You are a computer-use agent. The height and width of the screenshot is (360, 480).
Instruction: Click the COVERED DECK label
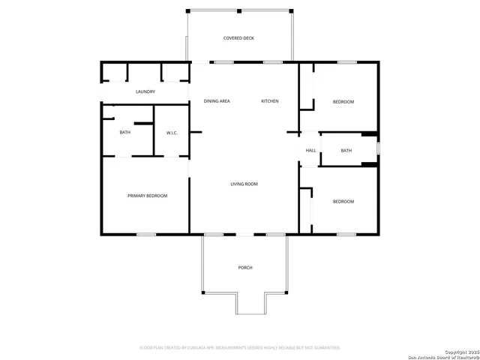click(x=238, y=37)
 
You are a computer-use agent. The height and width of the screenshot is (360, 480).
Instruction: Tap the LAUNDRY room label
click(x=145, y=92)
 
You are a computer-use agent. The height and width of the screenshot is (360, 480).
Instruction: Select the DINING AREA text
click(x=216, y=101)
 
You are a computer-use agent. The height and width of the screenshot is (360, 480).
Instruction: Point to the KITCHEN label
click(x=270, y=101)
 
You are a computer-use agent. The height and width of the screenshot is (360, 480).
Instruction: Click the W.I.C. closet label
click(x=172, y=133)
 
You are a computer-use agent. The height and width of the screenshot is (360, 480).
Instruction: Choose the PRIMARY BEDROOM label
click(x=147, y=196)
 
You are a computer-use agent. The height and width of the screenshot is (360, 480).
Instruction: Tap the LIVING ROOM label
click(x=244, y=184)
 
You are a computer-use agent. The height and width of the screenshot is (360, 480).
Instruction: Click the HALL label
click(x=310, y=151)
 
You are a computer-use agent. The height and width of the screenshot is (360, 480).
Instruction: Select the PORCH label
click(x=244, y=268)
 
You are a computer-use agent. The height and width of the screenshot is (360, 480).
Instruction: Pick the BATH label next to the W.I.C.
click(x=124, y=133)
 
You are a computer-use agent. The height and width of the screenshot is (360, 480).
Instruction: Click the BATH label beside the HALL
click(x=346, y=151)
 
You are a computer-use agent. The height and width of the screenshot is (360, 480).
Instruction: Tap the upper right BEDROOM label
click(x=343, y=101)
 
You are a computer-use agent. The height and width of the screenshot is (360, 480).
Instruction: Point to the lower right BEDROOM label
click(x=343, y=201)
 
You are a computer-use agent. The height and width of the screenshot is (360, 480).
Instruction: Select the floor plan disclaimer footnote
click(x=240, y=348)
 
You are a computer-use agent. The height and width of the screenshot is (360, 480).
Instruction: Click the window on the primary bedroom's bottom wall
click(x=145, y=235)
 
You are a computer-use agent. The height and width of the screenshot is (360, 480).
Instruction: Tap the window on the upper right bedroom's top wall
click(x=346, y=62)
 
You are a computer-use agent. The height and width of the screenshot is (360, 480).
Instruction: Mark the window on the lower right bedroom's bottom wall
click(x=346, y=235)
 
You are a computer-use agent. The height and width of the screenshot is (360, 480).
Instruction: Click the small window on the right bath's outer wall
click(x=378, y=148)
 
